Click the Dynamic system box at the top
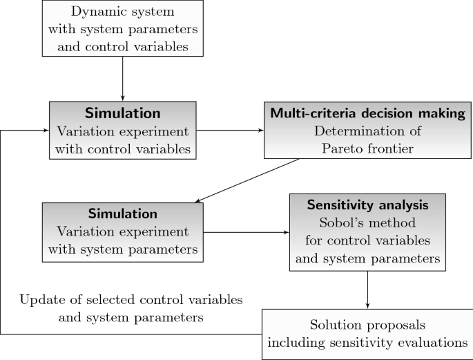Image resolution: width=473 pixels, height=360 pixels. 122,28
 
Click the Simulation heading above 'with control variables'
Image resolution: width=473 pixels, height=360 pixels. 122,112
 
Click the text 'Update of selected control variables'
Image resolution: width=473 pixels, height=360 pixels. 131,301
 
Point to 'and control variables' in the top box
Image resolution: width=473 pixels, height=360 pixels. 122,45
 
